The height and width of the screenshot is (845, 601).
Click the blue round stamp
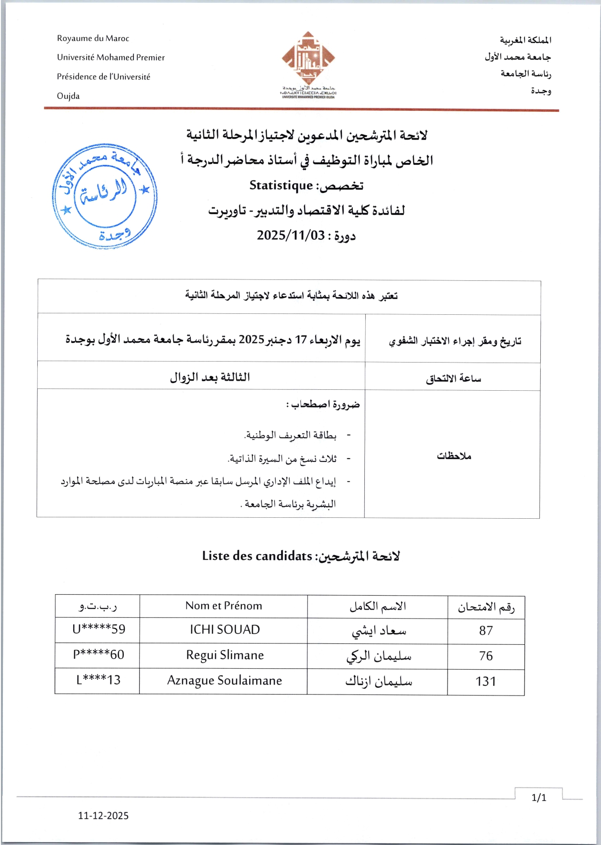pos(105,196)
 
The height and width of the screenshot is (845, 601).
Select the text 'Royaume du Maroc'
pos(93,39)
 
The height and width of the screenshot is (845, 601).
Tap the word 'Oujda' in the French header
pos(68,96)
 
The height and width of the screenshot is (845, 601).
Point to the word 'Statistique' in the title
pos(281,185)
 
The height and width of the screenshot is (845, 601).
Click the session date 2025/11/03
pos(291,235)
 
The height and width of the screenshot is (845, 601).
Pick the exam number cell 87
pos(486,631)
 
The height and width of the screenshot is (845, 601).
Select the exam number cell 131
pos(486,681)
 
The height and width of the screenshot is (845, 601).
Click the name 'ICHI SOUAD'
pos(225,630)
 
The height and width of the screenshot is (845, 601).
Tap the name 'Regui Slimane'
pos(225,655)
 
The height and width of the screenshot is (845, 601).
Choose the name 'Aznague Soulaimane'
pos(225,681)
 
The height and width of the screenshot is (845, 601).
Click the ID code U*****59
pos(98,629)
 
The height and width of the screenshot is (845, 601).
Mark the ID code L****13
pos(98,680)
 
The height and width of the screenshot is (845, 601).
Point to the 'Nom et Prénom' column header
pos(224,606)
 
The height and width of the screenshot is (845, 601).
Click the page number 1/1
pos(539,797)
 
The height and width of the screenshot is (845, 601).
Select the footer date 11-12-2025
pos(103,816)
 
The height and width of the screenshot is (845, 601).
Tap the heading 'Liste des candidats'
pos(257,556)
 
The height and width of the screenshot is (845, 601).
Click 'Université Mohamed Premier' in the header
pos(111,58)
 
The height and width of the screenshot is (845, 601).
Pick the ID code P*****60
pos(98,654)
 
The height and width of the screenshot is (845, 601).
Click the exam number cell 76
pos(486,656)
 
